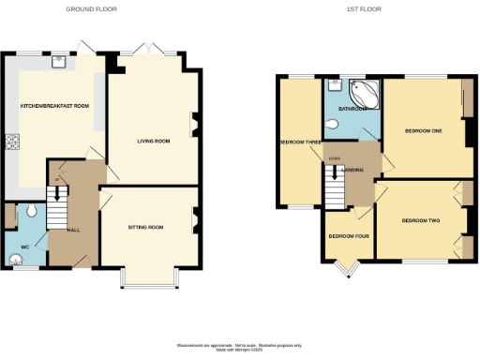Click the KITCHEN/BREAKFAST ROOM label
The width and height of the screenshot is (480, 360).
(x=54, y=106)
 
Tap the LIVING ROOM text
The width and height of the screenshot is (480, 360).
(x=153, y=141)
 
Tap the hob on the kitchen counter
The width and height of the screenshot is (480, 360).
(x=12, y=143)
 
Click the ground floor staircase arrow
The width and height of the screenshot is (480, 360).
(x=58, y=193)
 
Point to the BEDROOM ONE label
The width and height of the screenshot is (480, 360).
(x=425, y=130)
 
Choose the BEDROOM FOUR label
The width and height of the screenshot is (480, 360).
(x=347, y=235)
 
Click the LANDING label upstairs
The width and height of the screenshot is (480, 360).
(x=353, y=169)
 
